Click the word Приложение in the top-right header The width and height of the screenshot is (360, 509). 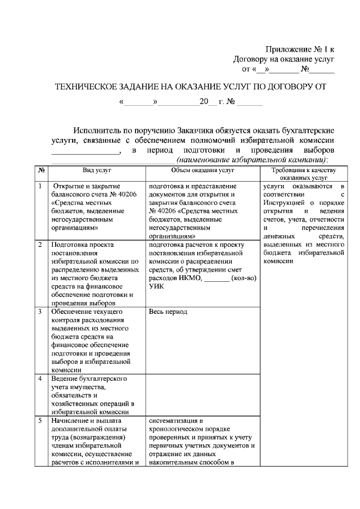coord(286,49)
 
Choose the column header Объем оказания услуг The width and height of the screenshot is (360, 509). coord(202,169)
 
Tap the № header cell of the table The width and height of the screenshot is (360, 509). coord(41,169)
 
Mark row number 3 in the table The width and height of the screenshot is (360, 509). coord(40,312)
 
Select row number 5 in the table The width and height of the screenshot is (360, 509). coord(40,420)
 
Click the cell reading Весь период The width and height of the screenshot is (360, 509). coord(169,312)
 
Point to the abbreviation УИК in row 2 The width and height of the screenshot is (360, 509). coord(157,286)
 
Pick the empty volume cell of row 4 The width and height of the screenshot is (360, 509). coord(202,395)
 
